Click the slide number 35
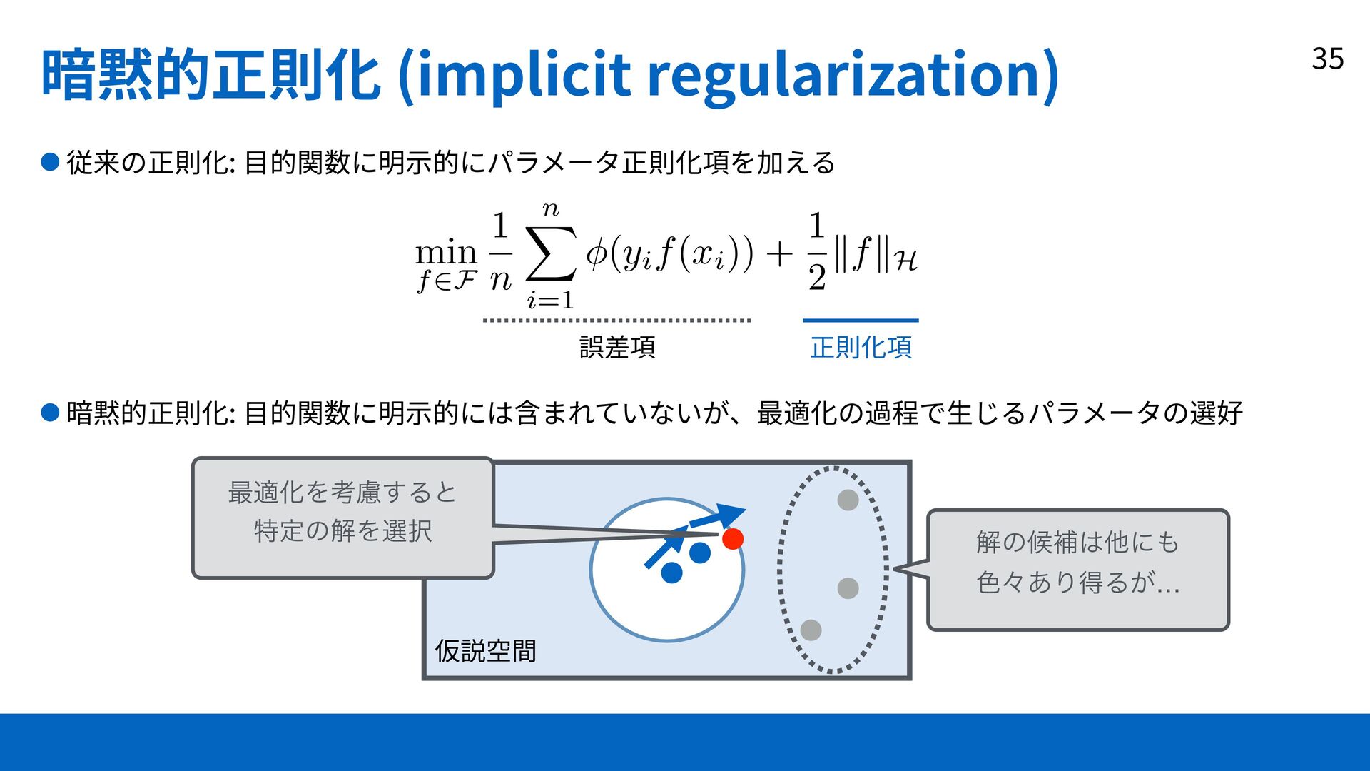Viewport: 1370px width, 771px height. tap(1327, 59)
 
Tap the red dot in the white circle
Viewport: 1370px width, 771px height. tap(732, 539)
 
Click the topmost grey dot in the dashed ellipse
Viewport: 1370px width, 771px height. tap(848, 500)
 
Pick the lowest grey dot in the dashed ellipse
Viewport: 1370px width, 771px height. tap(811, 630)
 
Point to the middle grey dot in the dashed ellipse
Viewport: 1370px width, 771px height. tap(848, 588)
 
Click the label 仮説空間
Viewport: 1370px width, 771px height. tap(485, 651)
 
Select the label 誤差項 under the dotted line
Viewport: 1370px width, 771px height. tap(617, 348)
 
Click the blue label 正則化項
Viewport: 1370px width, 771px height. tap(861, 348)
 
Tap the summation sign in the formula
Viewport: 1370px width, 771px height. tap(550, 253)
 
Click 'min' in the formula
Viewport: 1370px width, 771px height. tap(446, 253)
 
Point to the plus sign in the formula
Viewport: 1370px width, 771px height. tap(780, 253)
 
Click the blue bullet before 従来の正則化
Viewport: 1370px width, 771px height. tap(50, 163)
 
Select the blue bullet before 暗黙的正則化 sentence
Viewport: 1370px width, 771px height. tap(50, 413)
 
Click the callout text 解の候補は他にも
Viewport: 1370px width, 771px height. tap(1077, 543)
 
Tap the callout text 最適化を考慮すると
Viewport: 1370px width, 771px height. tap(342, 493)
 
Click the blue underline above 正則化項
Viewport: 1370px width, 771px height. tap(861, 321)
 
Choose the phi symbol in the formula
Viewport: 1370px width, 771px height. tap(597, 253)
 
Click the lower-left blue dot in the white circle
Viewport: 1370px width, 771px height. tap(671, 573)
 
